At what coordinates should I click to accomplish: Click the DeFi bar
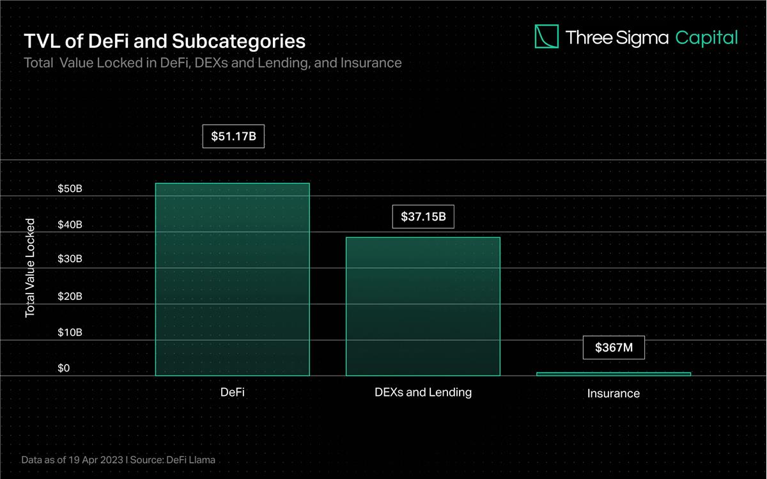(x=232, y=279)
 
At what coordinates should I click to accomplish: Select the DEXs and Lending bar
(x=422, y=306)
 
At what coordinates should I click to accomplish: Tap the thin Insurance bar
(x=614, y=373)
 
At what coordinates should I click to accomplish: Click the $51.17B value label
(x=233, y=136)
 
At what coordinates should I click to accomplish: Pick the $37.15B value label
(x=423, y=217)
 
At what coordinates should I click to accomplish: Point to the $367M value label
(x=614, y=348)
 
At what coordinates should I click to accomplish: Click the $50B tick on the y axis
(x=69, y=189)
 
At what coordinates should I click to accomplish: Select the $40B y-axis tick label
(x=69, y=225)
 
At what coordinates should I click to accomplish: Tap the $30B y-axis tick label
(x=69, y=259)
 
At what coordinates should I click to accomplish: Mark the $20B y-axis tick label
(x=69, y=297)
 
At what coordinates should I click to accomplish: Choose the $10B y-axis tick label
(x=69, y=333)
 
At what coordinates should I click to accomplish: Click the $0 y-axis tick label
(x=63, y=368)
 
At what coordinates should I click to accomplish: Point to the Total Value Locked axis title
(x=29, y=268)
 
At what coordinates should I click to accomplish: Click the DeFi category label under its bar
(x=233, y=392)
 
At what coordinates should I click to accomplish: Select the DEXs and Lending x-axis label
(x=423, y=392)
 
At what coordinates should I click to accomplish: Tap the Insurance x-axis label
(x=614, y=393)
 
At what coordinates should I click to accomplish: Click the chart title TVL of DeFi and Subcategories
(x=164, y=42)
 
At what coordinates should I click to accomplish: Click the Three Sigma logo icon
(x=546, y=36)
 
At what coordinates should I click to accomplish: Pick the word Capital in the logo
(x=706, y=38)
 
